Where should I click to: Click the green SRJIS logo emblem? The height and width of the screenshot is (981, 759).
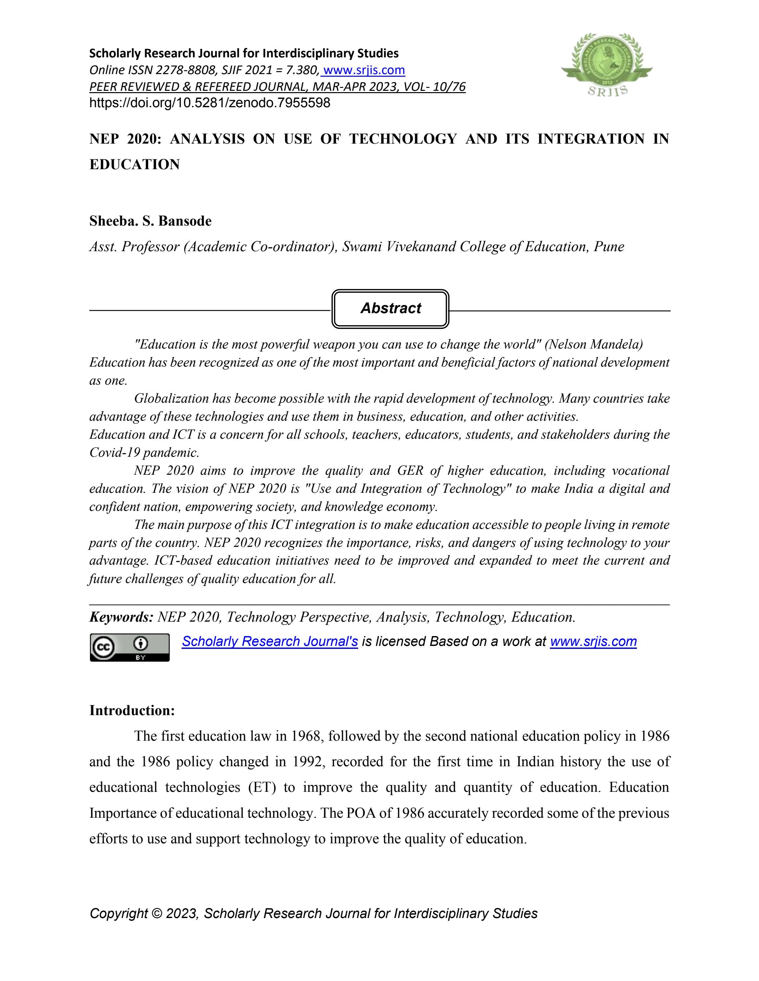(x=607, y=64)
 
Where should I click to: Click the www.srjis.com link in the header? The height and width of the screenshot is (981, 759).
(x=364, y=70)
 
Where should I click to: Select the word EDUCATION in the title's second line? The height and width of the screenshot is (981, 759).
(x=135, y=164)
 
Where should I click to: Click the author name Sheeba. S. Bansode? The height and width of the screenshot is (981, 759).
(x=150, y=221)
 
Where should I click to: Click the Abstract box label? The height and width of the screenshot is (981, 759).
(x=390, y=308)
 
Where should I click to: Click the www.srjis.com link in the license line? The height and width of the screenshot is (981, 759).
(x=593, y=641)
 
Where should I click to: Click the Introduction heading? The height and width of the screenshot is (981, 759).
(x=132, y=711)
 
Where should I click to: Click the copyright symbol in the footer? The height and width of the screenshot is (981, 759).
(x=157, y=914)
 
